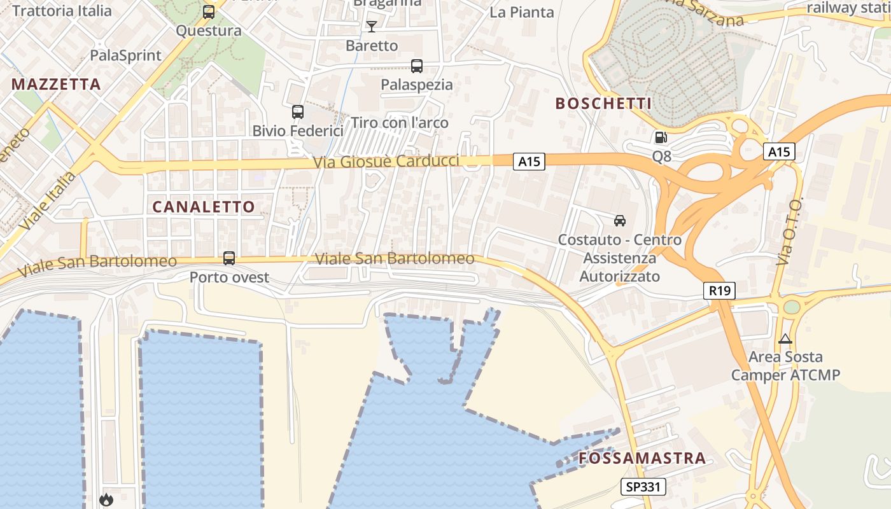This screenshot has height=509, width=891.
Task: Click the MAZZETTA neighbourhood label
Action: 56,84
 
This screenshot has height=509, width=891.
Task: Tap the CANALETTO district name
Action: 204,207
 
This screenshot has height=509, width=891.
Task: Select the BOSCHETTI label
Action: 603,104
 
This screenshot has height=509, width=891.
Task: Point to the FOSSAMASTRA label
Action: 642,458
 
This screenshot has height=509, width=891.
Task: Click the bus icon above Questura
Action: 208,11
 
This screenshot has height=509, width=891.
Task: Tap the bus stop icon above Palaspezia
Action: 417,66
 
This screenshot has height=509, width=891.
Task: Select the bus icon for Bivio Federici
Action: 297,112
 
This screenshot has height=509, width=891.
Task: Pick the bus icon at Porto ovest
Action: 229,258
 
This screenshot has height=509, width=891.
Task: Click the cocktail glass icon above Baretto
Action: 372,26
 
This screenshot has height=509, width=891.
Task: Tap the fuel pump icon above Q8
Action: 661,137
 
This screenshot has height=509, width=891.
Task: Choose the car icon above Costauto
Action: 619,221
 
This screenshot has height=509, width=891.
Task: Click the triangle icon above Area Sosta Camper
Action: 785,338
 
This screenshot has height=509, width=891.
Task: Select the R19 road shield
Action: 720,291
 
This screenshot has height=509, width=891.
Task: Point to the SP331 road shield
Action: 643,487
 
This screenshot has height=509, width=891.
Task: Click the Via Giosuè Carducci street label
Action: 386,162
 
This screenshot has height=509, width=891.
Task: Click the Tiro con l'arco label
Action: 400,123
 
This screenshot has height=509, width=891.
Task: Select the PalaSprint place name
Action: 126,55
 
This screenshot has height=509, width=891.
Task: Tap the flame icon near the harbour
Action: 106,500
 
